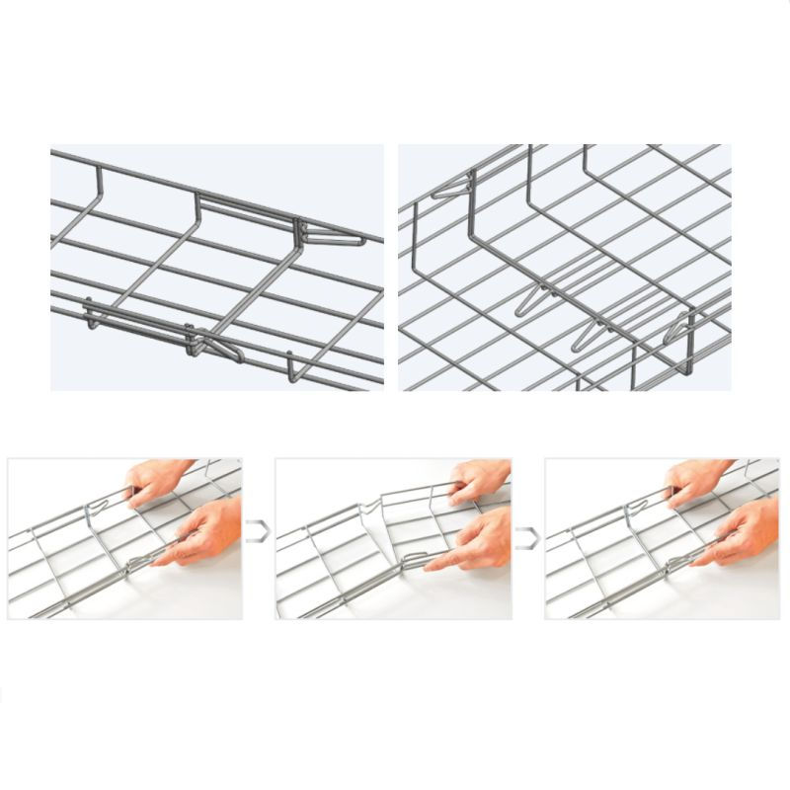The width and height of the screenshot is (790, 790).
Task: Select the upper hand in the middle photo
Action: click(x=478, y=480)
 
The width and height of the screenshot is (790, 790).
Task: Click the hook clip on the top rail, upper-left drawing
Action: click(x=326, y=234)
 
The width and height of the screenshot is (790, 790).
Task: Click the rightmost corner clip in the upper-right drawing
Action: click(x=681, y=326)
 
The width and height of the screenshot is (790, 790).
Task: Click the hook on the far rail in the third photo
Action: click(x=628, y=509)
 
